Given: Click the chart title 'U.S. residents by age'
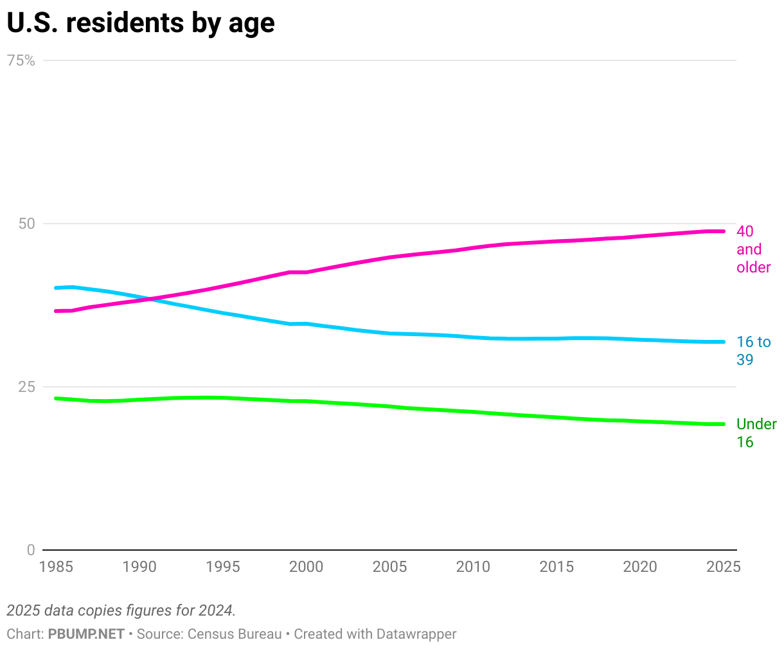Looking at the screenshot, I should tap(141, 23).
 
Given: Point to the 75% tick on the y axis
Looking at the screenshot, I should tap(21, 60).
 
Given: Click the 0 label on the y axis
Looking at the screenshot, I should tap(31, 550).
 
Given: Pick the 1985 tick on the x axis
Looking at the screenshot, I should tap(56, 567).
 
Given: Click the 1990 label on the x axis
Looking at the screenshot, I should tap(139, 567).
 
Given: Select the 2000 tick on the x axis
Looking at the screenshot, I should tap(307, 567).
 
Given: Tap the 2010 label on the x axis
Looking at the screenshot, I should tap(473, 567).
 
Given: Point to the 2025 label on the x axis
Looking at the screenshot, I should tap(724, 567).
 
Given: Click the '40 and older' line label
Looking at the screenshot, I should tap(753, 249).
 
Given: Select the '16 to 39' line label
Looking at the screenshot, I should tap(753, 350).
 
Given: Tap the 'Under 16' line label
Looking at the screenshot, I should tap(756, 432).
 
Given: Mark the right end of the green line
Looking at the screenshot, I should tap(724, 424).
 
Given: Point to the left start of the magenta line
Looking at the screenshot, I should tap(56, 311).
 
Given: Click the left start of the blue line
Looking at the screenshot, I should tap(56, 288).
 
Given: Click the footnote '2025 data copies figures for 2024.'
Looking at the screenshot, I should tap(121, 610).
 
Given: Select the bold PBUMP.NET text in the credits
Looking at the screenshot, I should tap(86, 634).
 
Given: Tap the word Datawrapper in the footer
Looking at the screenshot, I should tap(416, 634).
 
